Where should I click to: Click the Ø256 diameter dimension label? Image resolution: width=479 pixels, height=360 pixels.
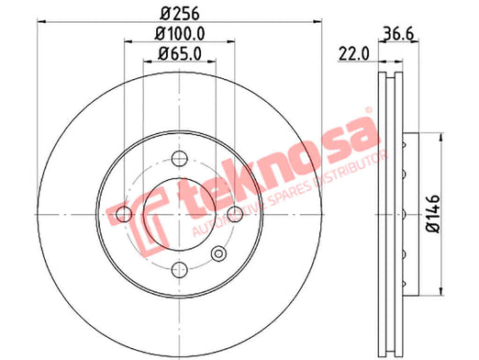(x=180, y=13)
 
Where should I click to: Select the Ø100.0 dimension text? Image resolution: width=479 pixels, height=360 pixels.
(x=180, y=33)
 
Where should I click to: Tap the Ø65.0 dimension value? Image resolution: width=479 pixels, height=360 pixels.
(x=180, y=54)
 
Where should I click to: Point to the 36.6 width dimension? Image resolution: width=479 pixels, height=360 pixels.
(x=398, y=33)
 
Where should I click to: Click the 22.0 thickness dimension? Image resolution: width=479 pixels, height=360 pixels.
(x=354, y=54)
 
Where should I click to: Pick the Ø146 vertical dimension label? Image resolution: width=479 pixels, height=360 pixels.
(x=433, y=214)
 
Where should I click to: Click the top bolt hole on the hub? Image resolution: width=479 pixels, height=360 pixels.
(x=180, y=159)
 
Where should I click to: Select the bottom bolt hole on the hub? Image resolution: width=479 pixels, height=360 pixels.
(x=180, y=270)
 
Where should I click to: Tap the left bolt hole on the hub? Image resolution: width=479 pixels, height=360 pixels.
(x=124, y=214)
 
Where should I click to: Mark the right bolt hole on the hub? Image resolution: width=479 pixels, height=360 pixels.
(x=235, y=214)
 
